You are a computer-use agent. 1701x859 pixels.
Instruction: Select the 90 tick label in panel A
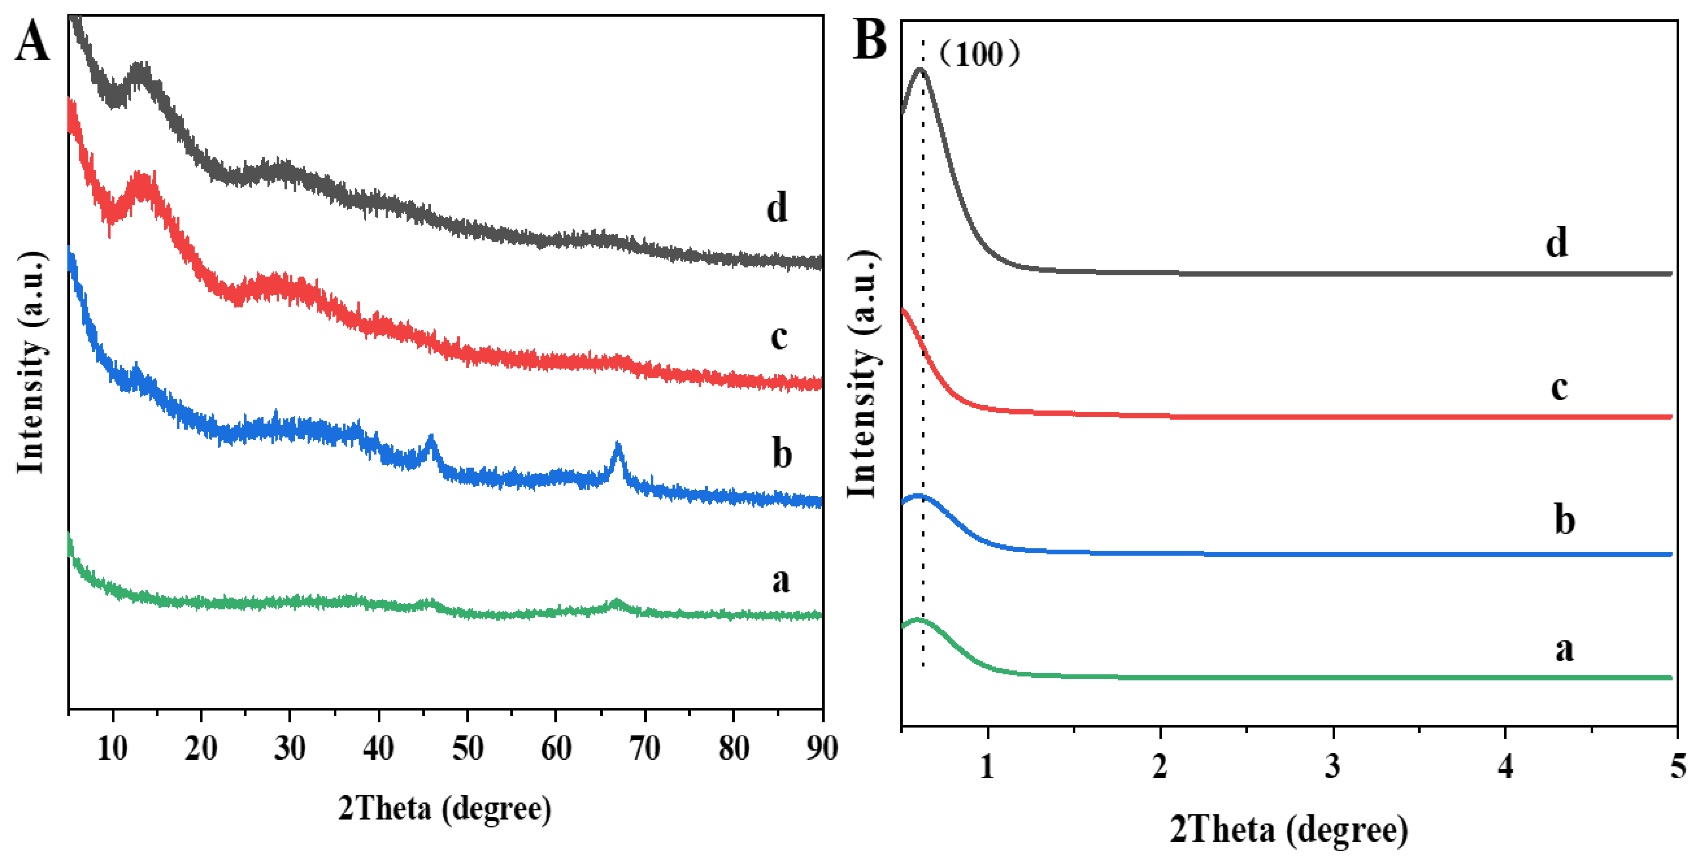[x=822, y=749]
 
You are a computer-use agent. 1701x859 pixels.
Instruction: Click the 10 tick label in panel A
[x=112, y=749]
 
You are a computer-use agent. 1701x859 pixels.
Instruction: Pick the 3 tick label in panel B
[x=1333, y=766]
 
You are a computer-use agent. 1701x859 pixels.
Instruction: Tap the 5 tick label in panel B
[x=1678, y=766]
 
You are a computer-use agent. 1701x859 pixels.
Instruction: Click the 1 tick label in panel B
[x=987, y=766]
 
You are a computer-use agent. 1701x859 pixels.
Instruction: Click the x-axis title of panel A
[x=444, y=808]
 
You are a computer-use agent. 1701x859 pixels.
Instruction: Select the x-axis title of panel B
[x=1289, y=829]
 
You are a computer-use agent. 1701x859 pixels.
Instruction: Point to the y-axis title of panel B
[x=862, y=374]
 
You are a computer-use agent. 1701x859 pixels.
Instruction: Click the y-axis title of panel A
[x=30, y=363]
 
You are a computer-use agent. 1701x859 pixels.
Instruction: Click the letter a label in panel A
[x=781, y=580]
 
